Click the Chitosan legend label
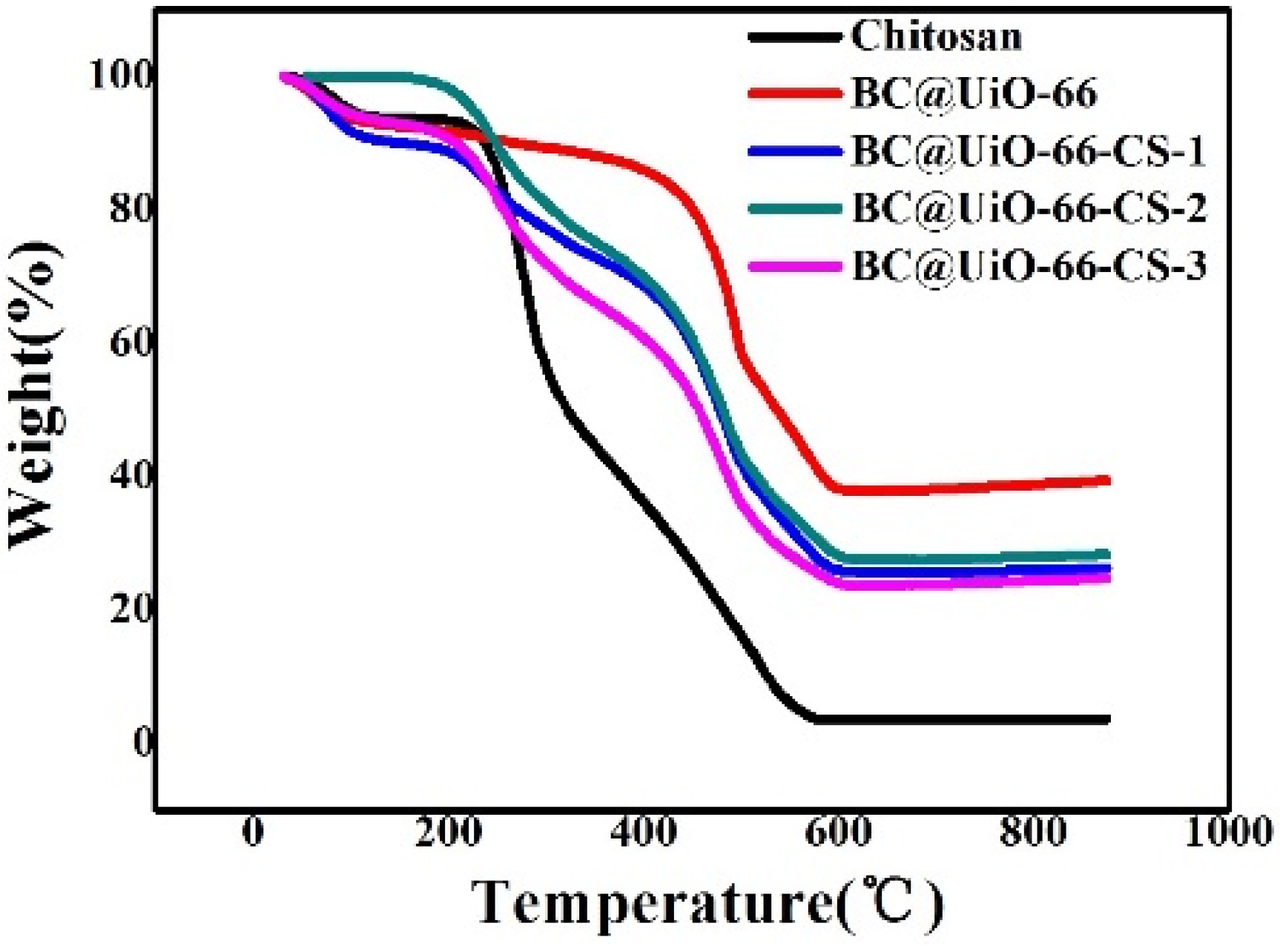(x=936, y=36)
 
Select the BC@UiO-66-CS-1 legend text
(x=1029, y=150)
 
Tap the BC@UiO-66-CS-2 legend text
(x=1029, y=208)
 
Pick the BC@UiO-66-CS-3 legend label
(x=1029, y=265)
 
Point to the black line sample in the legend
(x=795, y=36)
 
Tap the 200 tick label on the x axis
(x=448, y=832)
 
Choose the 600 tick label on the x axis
(x=838, y=832)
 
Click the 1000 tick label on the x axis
(x=1227, y=832)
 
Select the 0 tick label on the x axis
(x=253, y=832)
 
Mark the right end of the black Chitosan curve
(x=1108, y=719)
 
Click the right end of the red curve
(x=1108, y=480)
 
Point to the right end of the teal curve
(x=1108, y=555)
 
